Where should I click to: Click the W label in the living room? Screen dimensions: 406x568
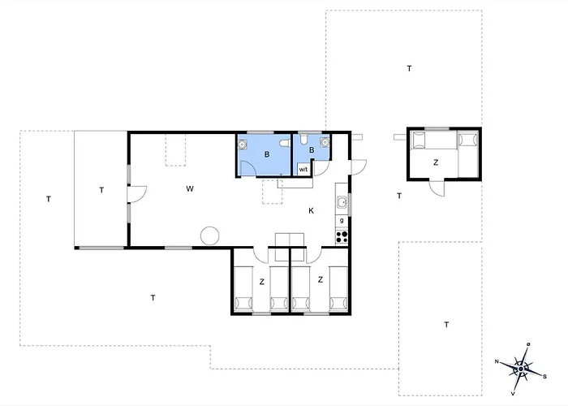point(189,188)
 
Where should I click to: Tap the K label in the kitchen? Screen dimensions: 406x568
point(311,211)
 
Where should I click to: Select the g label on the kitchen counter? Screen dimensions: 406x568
point(342,220)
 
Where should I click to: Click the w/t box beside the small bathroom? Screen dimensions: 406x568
point(303,170)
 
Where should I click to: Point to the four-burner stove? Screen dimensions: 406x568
point(342,237)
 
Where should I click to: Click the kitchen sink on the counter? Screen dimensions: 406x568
point(342,202)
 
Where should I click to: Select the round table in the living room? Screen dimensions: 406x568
point(210,235)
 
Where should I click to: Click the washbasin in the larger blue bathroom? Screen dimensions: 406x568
point(243,144)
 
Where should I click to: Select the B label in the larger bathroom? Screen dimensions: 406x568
point(265,153)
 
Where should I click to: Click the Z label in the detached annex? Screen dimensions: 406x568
point(436,162)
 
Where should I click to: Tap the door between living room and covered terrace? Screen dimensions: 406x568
point(136,194)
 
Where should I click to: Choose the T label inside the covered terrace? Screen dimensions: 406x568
point(101,190)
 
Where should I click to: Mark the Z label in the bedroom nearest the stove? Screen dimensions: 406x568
point(321,280)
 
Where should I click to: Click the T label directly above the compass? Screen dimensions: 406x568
point(446,325)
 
